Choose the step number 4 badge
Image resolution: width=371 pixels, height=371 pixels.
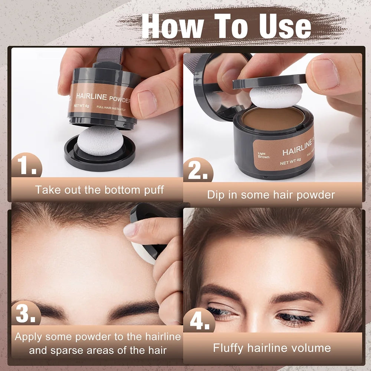[199, 320]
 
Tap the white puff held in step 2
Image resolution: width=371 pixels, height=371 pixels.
[275, 95]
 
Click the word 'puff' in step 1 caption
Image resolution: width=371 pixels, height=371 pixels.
[150, 190]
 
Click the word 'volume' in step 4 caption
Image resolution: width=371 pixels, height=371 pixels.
[312, 348]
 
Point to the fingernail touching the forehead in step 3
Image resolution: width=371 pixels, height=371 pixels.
[131, 230]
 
